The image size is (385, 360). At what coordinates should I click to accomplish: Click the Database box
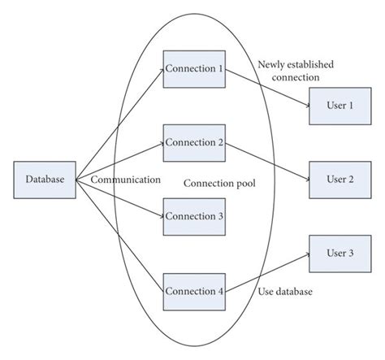(x=45, y=179)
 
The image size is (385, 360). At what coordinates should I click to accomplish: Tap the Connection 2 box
(x=194, y=142)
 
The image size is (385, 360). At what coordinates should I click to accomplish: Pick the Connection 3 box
(x=194, y=215)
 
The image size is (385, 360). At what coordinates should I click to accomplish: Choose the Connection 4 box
(x=194, y=289)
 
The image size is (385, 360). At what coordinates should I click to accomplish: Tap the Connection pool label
(x=219, y=184)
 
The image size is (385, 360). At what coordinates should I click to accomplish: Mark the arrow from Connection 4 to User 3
(x=266, y=272)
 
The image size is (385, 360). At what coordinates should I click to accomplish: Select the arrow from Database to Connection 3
(x=119, y=197)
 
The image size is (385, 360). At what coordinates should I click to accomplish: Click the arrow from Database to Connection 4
(x=119, y=236)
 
